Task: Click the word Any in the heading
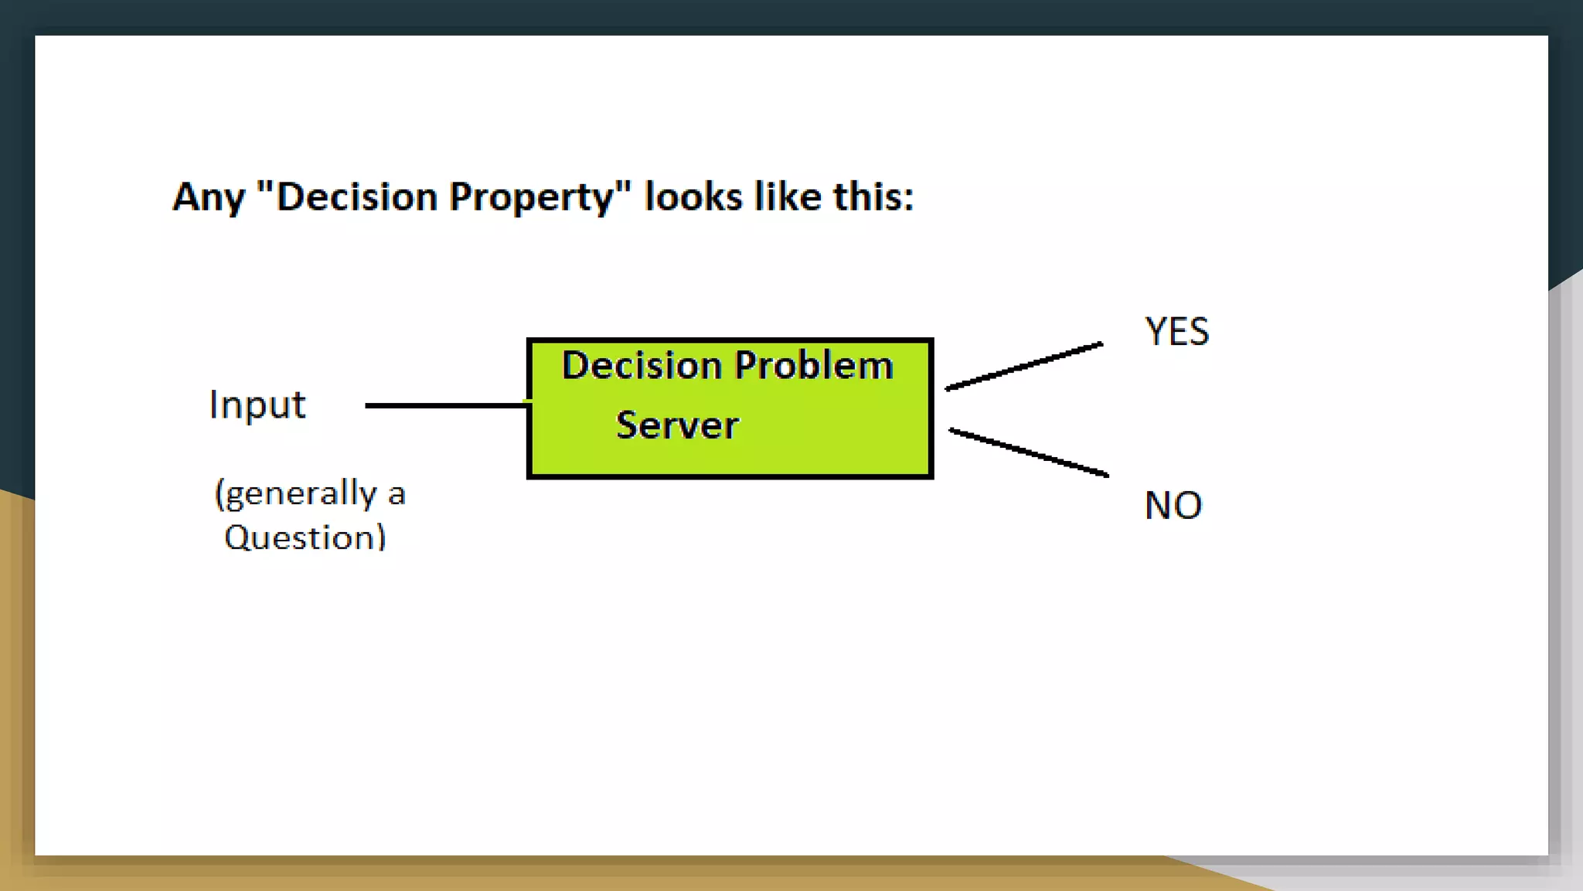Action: click(208, 198)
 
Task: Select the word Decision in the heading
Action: click(356, 196)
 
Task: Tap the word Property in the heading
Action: click(531, 198)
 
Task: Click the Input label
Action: click(257, 405)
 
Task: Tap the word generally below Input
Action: click(295, 493)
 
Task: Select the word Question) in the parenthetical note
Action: click(305, 538)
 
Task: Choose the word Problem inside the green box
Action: click(813, 365)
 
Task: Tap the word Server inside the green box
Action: click(677, 425)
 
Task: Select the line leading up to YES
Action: click(1024, 366)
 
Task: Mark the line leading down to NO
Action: click(1028, 452)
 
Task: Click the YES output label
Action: click(1176, 332)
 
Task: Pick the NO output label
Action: click(1173, 506)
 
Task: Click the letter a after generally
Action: click(397, 495)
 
